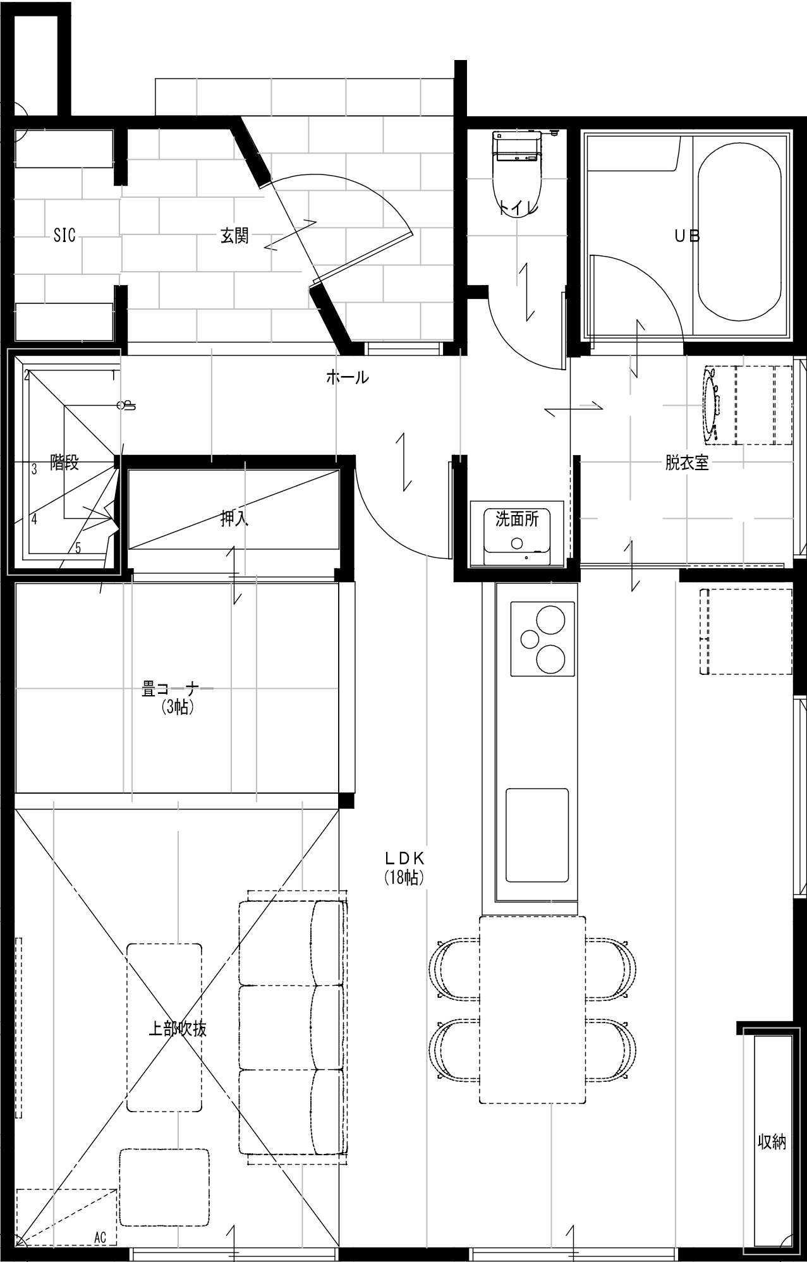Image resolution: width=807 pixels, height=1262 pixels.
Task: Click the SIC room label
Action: [x=64, y=236]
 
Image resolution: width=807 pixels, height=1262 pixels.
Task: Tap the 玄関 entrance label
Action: [x=234, y=236]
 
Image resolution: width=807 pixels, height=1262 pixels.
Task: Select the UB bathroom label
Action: [x=687, y=236]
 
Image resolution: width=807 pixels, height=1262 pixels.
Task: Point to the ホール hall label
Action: [x=347, y=378]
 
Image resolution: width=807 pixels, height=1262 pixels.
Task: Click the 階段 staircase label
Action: [x=64, y=463]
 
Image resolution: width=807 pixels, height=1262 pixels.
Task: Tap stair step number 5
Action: [x=78, y=548]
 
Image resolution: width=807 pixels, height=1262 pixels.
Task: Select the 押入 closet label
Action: [x=234, y=519]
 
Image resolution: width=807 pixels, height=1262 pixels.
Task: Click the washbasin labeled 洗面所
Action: [x=517, y=534]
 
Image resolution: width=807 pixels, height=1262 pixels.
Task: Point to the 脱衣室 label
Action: [x=686, y=463]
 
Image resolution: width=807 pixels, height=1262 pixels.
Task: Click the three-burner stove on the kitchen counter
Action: [x=543, y=639]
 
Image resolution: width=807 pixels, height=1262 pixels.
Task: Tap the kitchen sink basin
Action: [x=537, y=835]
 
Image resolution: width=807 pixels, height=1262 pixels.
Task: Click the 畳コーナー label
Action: [x=177, y=689]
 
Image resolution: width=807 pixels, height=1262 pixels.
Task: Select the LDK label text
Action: [x=404, y=859]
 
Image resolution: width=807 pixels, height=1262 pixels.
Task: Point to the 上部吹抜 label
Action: [x=177, y=1029]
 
